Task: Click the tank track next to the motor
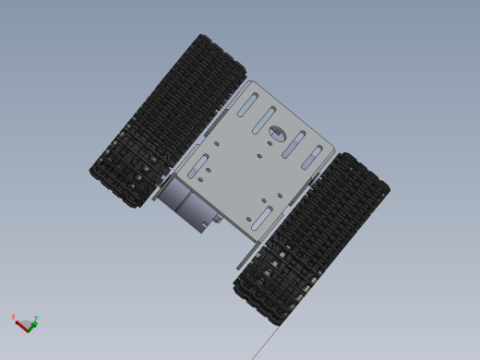(x=166, y=120)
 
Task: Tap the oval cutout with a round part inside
(x=278, y=134)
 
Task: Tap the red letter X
(x=13, y=318)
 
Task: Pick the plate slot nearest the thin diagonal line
(x=259, y=218)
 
